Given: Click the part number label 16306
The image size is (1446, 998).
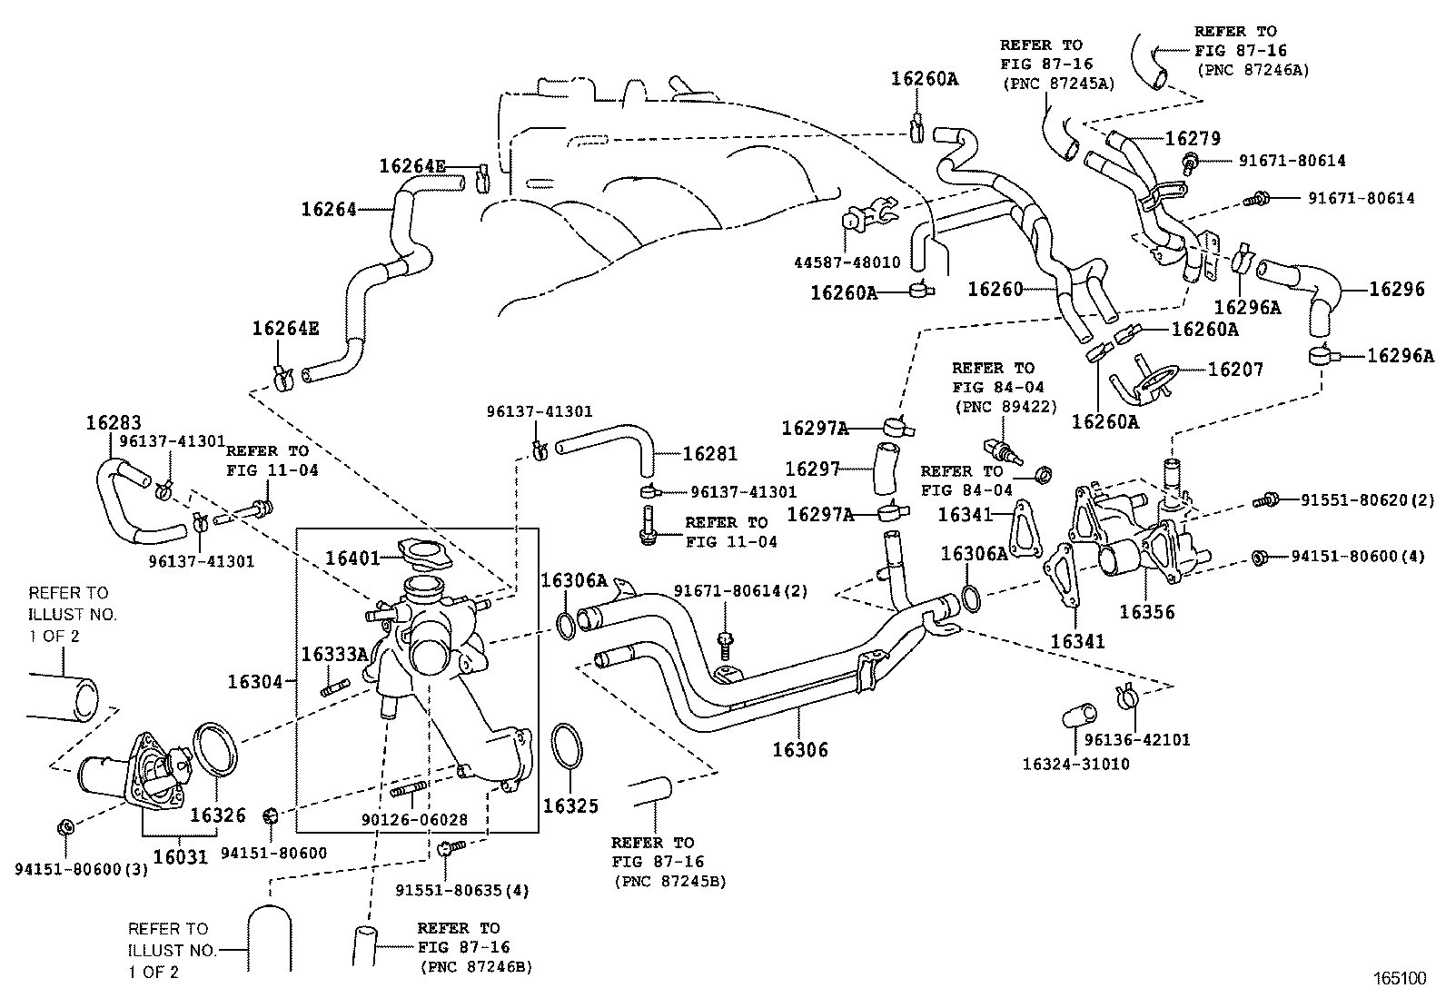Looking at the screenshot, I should pos(799,750).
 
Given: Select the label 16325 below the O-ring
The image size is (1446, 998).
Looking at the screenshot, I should pos(570,805).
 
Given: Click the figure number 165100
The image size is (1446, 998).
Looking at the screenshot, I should pos(1399,979).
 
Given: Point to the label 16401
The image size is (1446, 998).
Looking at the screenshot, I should pos(352,557).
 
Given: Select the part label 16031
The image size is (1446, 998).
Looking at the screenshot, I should pos(180,855).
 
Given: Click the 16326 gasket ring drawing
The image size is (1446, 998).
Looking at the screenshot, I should pos(217,751).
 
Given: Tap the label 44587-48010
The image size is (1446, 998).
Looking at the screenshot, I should pos(847,262).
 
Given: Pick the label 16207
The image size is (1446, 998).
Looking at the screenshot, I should pos(1235,369).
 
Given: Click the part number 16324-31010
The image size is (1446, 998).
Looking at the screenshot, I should pos(1075,764).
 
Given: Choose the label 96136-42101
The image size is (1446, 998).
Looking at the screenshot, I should pos(1136,740).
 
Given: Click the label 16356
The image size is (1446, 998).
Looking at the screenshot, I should pos(1146,611).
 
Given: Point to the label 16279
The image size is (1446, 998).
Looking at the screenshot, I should pos(1193,138).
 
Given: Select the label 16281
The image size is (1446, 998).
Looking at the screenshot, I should pos(709,453).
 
